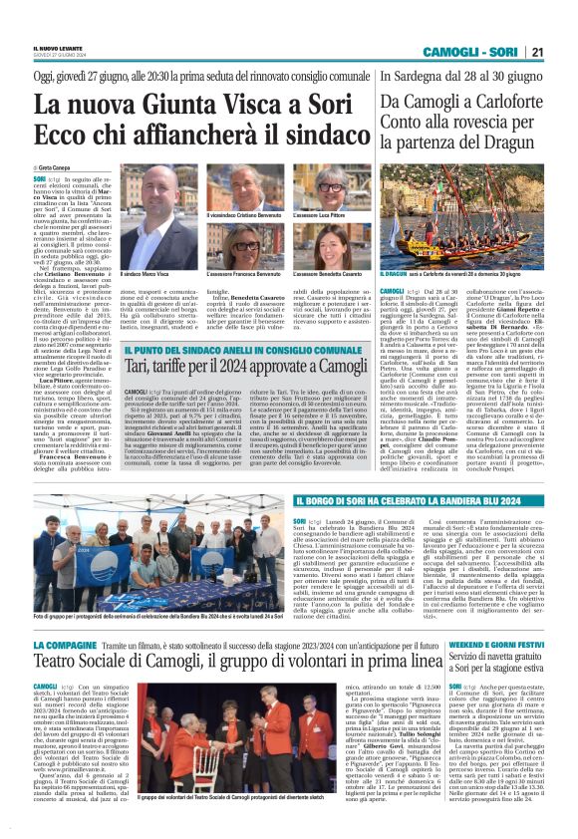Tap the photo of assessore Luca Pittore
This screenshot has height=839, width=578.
pos(321,190)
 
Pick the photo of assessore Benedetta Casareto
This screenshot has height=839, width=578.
pos(321,244)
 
